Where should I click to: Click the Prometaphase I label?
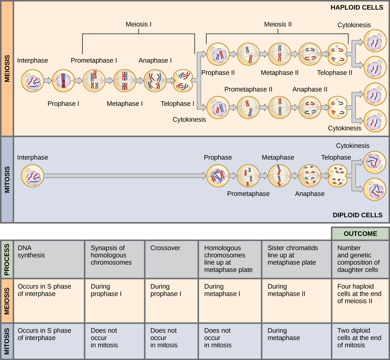click(94, 60)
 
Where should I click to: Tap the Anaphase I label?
click(155, 60)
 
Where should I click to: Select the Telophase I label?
click(177, 103)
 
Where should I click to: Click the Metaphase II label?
click(279, 73)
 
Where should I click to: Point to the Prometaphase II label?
click(248, 89)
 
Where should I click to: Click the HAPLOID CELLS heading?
click(356, 7)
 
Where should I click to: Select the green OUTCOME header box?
click(360, 234)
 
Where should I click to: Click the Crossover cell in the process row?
click(171, 259)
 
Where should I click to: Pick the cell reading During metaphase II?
click(296, 300)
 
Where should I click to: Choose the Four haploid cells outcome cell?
click(360, 300)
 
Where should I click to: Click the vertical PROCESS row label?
click(7, 259)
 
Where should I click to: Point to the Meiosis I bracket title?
click(139, 24)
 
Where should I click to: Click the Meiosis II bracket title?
click(278, 24)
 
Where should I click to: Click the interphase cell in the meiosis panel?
click(32, 81)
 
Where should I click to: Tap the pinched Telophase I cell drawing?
click(183, 81)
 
